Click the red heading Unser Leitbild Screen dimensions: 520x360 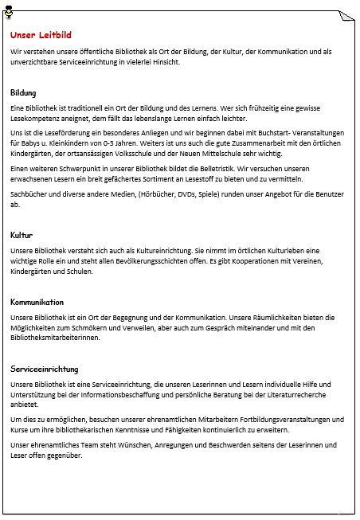(x=41, y=35)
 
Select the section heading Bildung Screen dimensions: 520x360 (x=23, y=92)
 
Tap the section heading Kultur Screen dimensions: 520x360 (x=22, y=236)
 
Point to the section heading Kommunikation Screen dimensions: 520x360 (x=37, y=303)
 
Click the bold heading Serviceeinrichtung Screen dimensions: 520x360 (x=45, y=348)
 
